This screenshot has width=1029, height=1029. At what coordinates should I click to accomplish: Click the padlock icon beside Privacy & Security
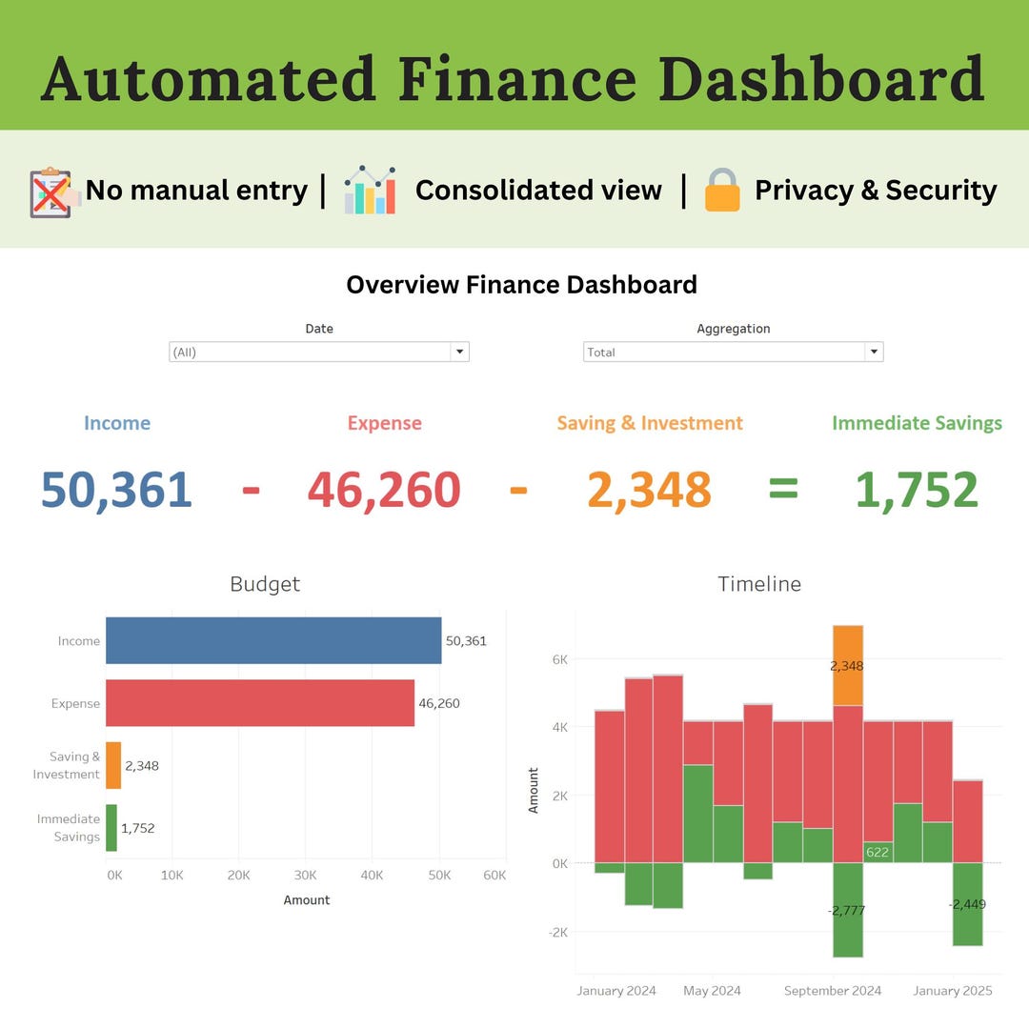click(722, 190)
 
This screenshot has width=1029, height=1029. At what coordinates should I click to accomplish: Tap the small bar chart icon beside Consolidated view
click(370, 190)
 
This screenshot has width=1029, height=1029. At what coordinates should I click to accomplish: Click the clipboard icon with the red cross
click(51, 192)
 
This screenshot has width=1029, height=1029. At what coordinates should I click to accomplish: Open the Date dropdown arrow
click(460, 352)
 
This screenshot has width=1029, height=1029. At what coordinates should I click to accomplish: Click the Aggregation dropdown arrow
click(874, 352)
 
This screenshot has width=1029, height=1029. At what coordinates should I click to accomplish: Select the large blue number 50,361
click(116, 490)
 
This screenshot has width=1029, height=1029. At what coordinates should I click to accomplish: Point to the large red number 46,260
click(384, 490)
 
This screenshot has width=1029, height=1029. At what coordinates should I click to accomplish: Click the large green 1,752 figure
click(917, 490)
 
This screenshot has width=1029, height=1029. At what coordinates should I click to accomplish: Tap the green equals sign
click(783, 490)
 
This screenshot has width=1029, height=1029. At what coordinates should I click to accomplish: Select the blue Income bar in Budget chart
click(273, 640)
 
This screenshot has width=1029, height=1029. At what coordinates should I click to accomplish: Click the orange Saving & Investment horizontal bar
click(113, 765)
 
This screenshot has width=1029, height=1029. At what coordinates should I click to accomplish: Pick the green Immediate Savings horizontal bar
click(111, 828)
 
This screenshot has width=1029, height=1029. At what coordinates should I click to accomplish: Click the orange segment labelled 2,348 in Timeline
click(847, 665)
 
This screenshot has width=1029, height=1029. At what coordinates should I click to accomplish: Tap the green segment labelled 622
click(877, 852)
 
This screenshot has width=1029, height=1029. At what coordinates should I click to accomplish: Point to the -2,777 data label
click(846, 911)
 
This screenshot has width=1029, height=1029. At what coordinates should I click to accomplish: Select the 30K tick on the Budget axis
click(305, 876)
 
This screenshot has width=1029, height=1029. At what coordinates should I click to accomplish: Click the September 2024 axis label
click(833, 991)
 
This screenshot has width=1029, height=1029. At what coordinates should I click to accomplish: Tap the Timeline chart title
click(759, 584)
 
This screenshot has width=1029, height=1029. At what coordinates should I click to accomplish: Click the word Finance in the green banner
click(516, 79)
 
